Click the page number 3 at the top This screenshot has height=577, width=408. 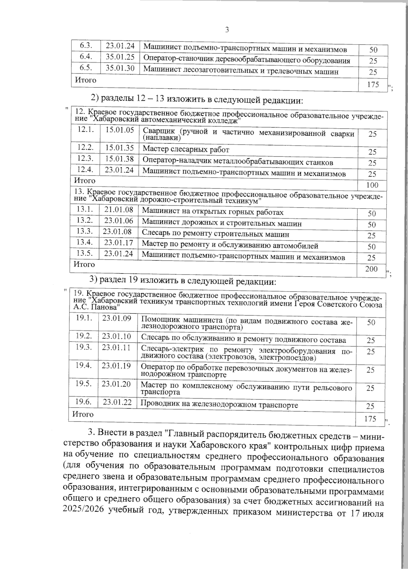pyautogui.click(x=227, y=30)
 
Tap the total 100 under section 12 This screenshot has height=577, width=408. pyautogui.click(x=372, y=185)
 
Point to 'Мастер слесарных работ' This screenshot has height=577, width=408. pyautogui.click(x=186, y=149)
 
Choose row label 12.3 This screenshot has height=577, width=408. pyautogui.click(x=85, y=159)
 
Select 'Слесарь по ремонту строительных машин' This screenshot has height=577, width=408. pyautogui.click(x=216, y=234)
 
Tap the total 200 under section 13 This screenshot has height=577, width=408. pyautogui.click(x=371, y=269)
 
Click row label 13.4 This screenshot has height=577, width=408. pyautogui.click(x=85, y=242)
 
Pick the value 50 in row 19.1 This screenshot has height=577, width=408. pyautogui.click(x=371, y=322)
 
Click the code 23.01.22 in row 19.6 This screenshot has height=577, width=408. pyautogui.click(x=117, y=402)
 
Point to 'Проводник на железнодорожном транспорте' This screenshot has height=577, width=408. pyautogui.click(x=219, y=405)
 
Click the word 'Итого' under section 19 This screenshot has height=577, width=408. pyautogui.click(x=83, y=414)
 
